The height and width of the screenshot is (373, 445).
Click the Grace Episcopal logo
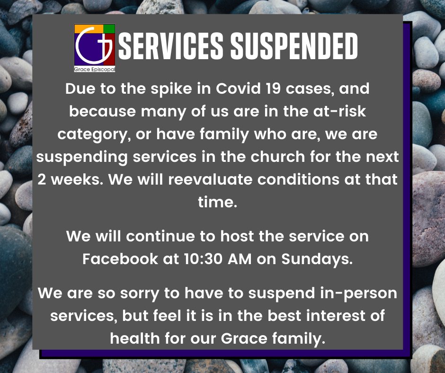pos(95,48)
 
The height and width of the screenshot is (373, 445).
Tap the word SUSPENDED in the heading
pos(294,47)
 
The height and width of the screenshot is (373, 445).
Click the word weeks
pos(73,180)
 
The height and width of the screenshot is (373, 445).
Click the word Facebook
pos(120,259)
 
